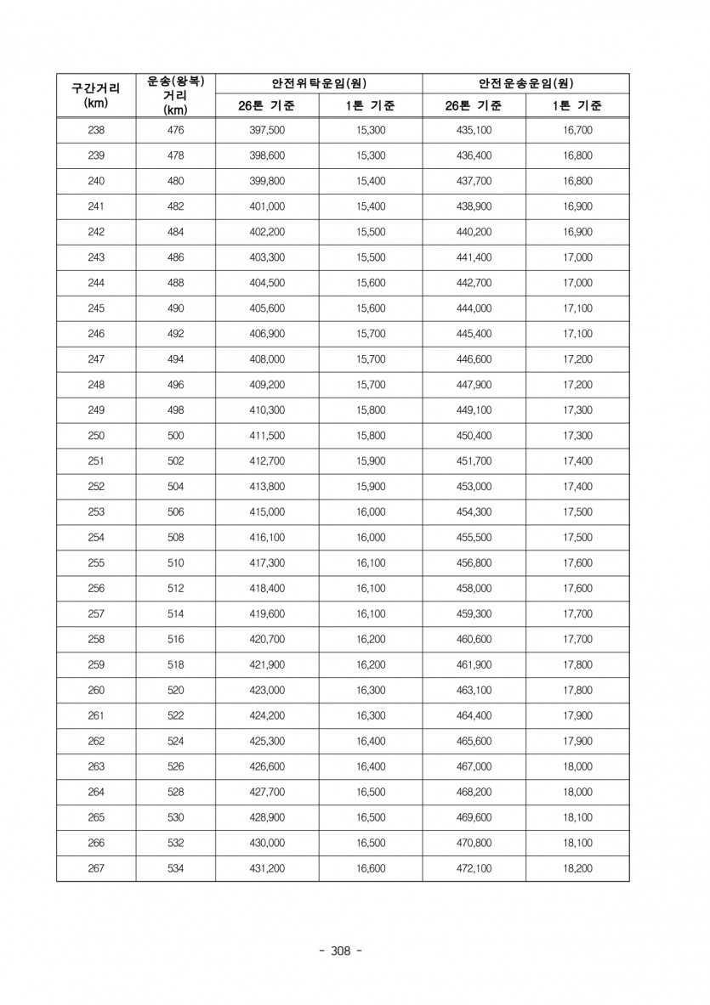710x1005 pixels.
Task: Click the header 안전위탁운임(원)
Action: tap(319, 83)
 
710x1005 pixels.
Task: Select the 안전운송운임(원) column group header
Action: tap(525, 83)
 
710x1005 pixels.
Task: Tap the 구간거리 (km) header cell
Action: tap(96, 94)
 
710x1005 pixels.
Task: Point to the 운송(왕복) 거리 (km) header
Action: tap(175, 94)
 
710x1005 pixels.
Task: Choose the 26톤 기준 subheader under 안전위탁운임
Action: tap(267, 106)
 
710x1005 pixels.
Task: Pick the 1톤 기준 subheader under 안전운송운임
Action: tap(577, 106)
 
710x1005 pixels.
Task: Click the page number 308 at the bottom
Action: tap(339, 950)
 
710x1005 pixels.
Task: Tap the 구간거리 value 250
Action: tap(96, 436)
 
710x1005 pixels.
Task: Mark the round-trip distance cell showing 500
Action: tap(175, 436)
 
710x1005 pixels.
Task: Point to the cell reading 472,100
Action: tap(474, 868)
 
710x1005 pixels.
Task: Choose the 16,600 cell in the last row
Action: tap(372, 868)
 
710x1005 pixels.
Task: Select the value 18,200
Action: tap(578, 868)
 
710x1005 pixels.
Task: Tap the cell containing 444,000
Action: tap(474, 308)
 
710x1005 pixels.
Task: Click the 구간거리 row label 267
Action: tap(96, 868)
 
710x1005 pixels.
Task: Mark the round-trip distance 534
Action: tap(175, 868)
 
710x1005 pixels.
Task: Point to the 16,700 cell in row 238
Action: tap(578, 131)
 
